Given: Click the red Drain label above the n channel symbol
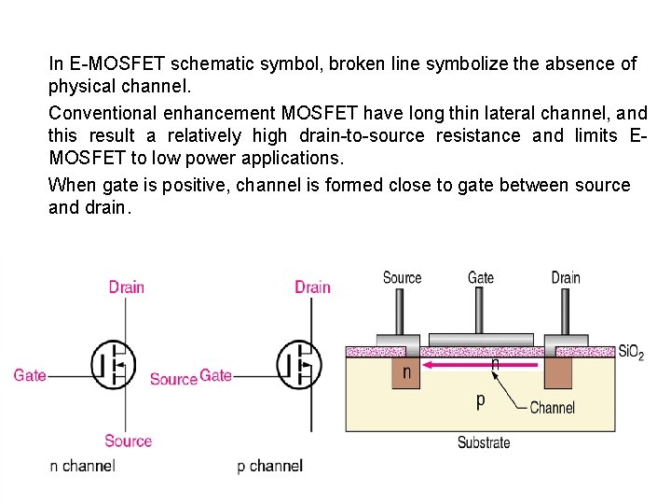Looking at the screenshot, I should coord(126,287).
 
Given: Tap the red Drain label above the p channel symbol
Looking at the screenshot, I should coord(312,287).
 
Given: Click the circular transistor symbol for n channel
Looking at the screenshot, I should coord(114,364).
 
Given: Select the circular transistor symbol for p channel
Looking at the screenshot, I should coord(299,364).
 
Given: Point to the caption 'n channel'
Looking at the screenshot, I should coord(82,465).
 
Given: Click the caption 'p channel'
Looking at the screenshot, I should coord(269,465).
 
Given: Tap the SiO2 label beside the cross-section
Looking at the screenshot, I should coord(631,353).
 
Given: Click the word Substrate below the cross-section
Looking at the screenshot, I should coord(484,442).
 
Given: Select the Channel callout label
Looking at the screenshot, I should coord(552,408).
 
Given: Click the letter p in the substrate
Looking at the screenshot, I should coord(481,400).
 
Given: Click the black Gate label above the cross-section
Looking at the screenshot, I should coord(481,277).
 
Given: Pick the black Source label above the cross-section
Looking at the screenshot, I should coord(403,277).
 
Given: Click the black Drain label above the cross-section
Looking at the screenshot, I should coord(566,277).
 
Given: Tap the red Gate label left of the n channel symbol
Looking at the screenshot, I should coord(30,375).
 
